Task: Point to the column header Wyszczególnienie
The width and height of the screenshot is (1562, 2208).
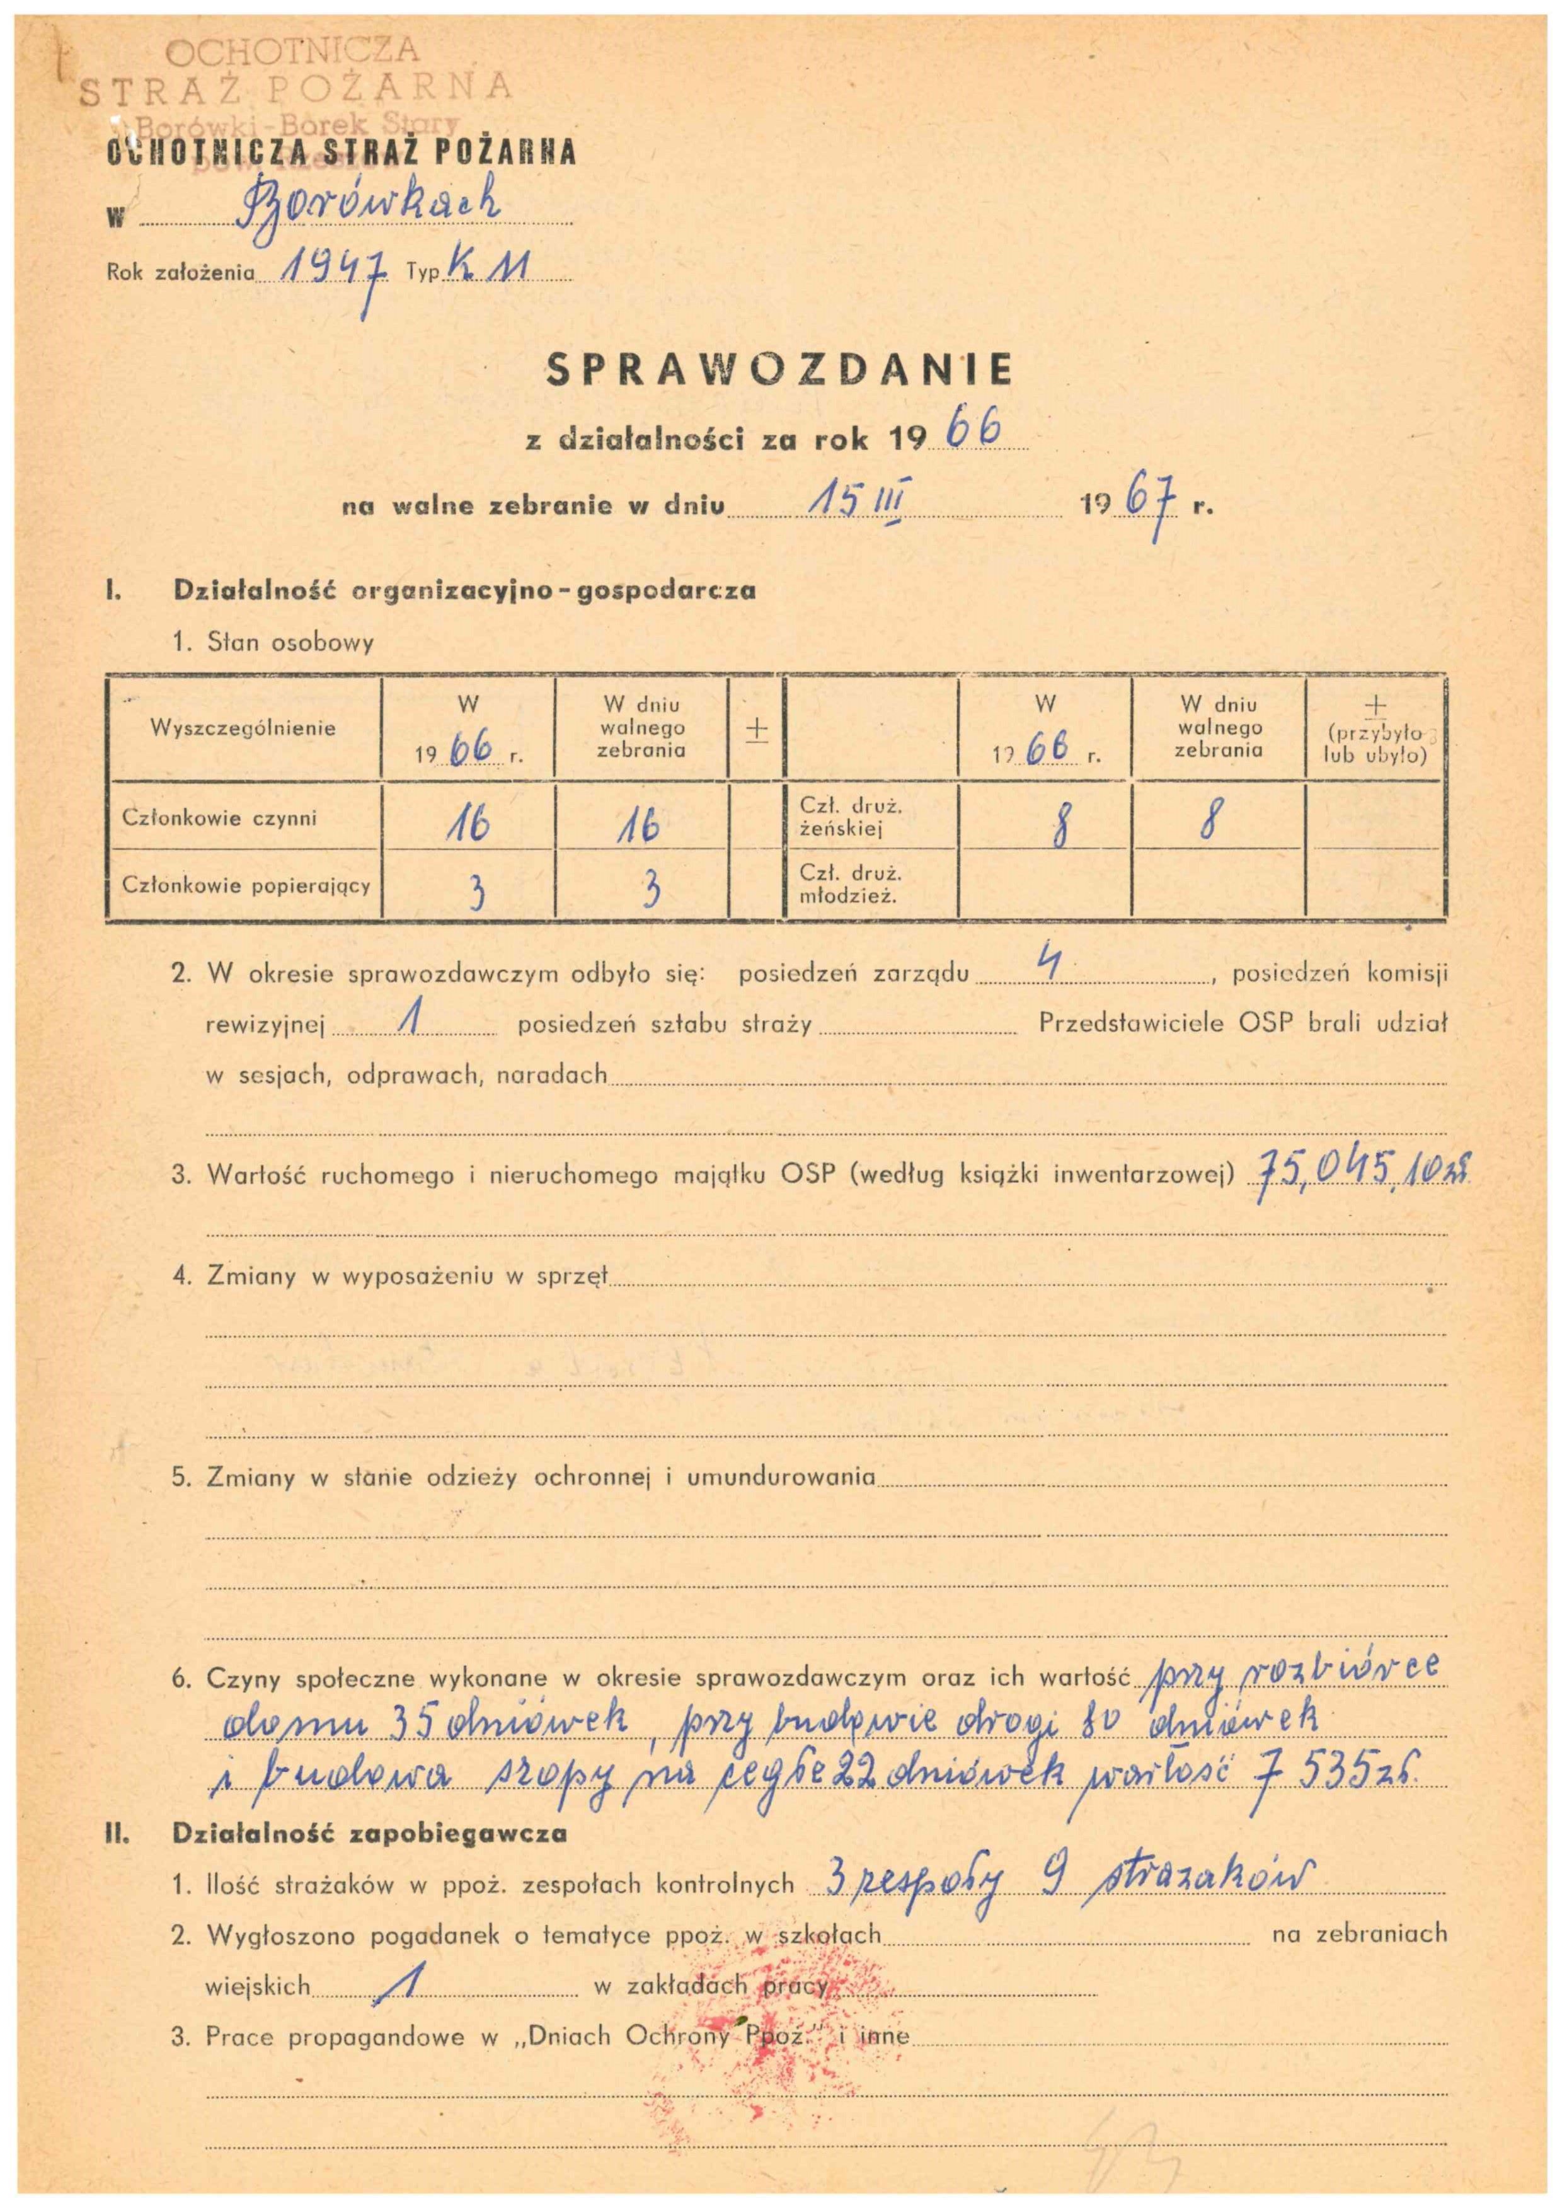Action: (243, 728)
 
